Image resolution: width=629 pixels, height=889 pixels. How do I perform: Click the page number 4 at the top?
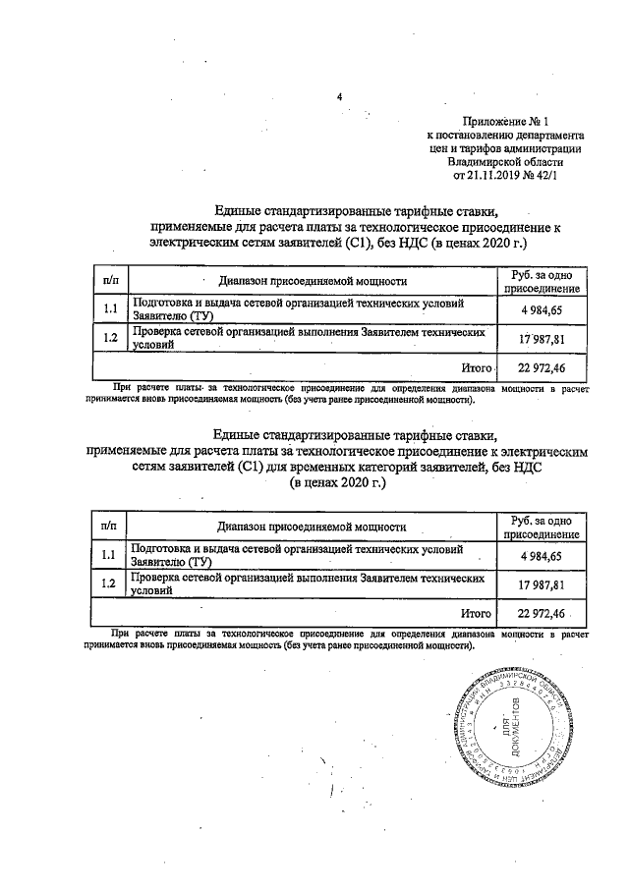click(339, 97)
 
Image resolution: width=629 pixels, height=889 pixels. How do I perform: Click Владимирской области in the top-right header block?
click(503, 162)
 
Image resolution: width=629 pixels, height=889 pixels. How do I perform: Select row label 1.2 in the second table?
click(109, 584)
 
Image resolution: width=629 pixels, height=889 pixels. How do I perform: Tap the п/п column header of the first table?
click(109, 280)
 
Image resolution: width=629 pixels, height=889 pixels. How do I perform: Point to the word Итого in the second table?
click(476, 613)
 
